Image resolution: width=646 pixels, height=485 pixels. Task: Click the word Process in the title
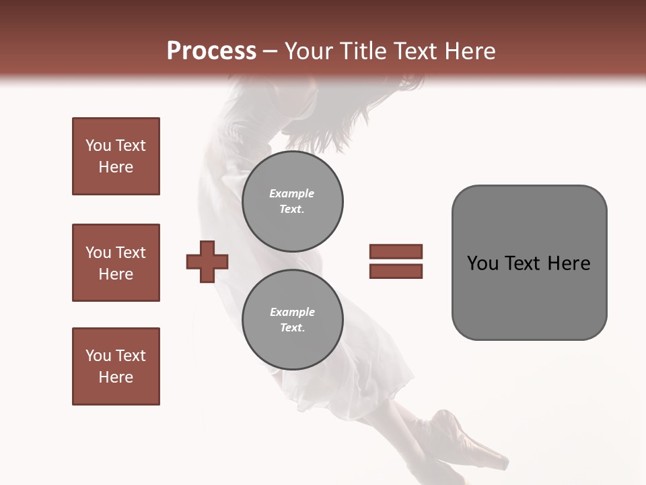(211, 51)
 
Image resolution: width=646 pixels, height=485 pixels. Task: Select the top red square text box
(116, 156)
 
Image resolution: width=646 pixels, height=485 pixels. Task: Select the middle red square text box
(116, 263)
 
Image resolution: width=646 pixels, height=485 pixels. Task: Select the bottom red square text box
(116, 366)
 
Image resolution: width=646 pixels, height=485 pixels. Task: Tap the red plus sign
(207, 261)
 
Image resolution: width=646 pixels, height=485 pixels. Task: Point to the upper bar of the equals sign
(396, 251)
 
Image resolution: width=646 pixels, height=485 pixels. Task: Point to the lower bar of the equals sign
(396, 271)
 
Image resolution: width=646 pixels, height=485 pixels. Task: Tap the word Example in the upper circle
(291, 193)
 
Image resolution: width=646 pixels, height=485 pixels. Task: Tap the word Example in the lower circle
(292, 312)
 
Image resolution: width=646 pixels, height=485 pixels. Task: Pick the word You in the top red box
(98, 145)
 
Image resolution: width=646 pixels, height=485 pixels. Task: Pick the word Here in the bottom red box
(116, 377)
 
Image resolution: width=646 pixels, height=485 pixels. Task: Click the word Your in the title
(308, 51)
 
